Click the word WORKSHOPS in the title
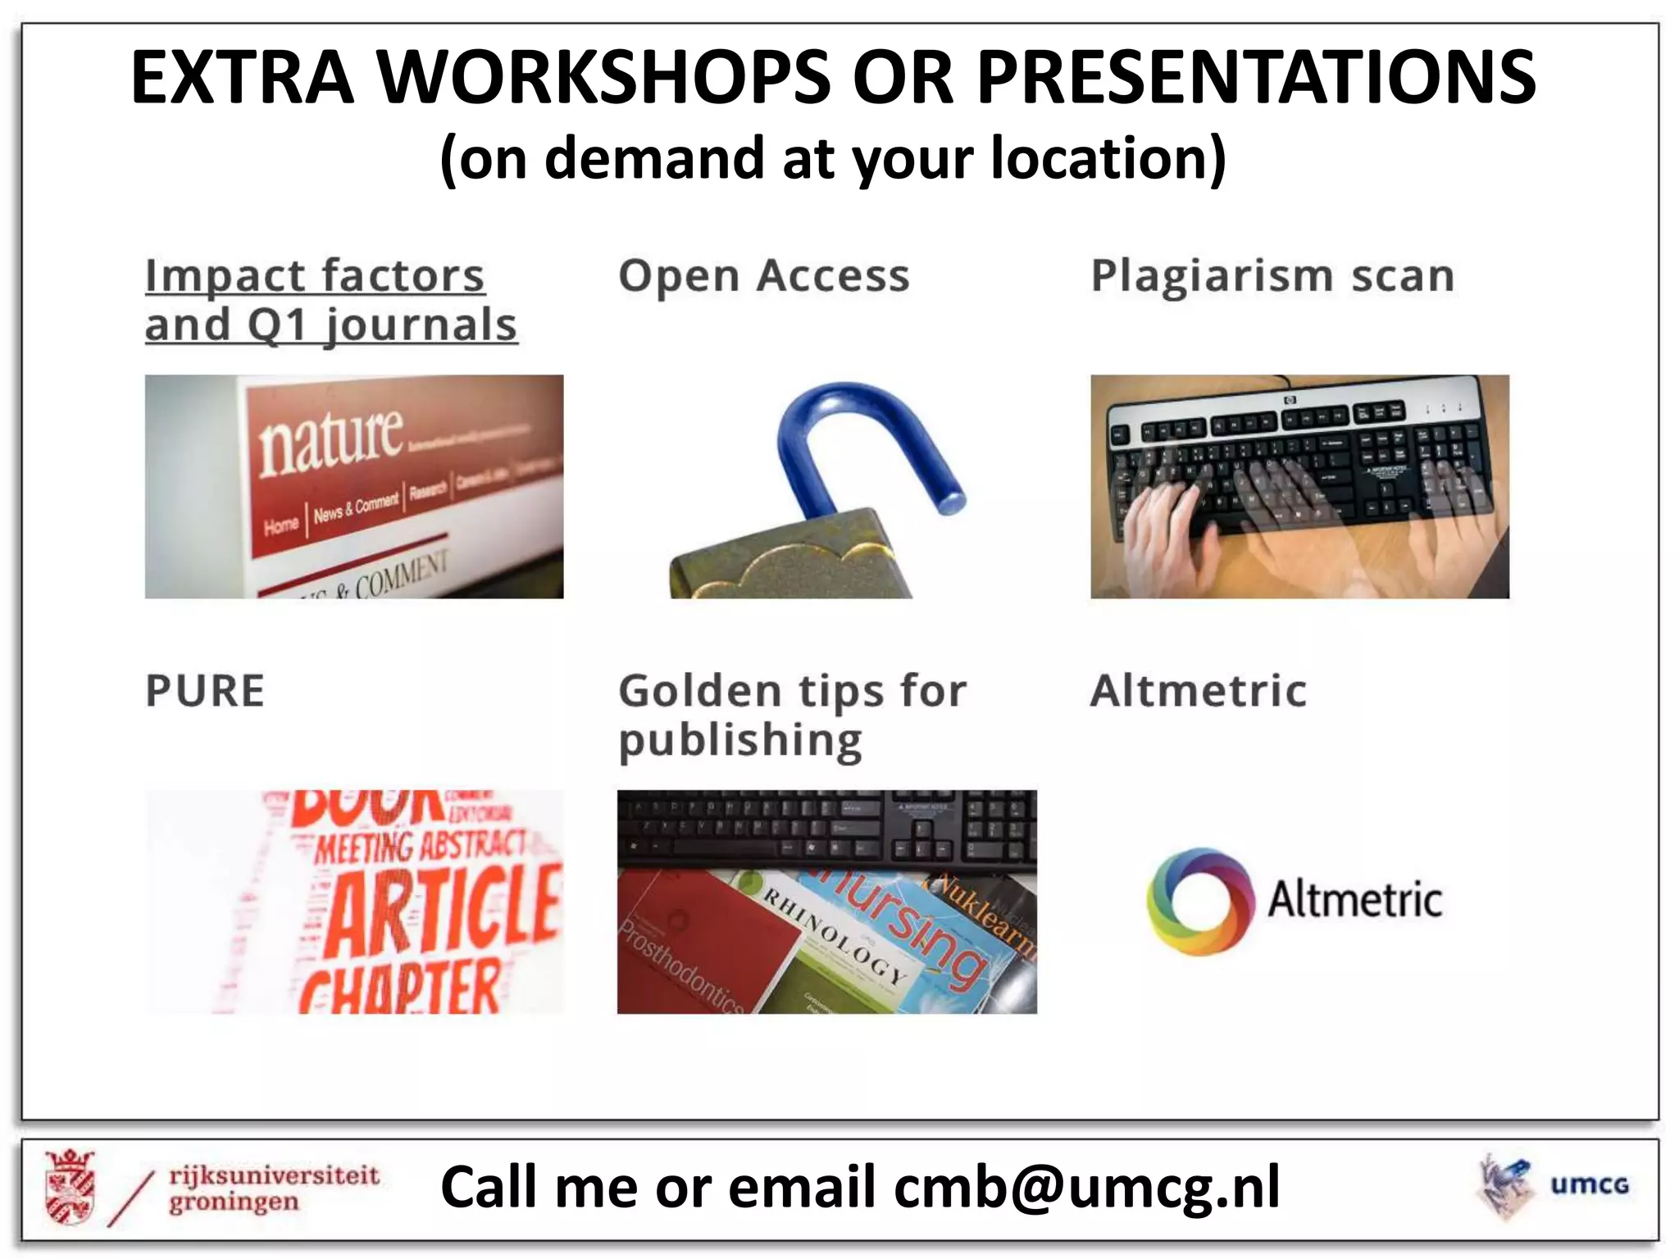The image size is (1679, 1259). [x=603, y=78]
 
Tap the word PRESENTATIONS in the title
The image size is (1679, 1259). [x=1256, y=78]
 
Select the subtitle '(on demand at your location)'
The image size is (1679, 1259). [x=833, y=158]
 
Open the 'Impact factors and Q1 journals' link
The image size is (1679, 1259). [x=330, y=300]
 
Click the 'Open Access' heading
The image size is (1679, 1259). [x=763, y=276]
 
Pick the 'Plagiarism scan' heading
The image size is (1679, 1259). [x=1272, y=276]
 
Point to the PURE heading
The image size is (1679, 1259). [x=205, y=691]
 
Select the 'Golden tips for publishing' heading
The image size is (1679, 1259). [x=792, y=715]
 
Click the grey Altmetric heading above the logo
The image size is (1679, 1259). [x=1198, y=691]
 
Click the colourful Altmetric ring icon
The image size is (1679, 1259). [x=1200, y=902]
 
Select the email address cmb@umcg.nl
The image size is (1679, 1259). [x=1086, y=1188]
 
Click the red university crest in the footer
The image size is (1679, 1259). [x=71, y=1188]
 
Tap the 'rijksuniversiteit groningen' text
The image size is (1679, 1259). [x=273, y=1189]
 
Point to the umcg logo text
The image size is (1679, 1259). [x=1589, y=1185]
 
